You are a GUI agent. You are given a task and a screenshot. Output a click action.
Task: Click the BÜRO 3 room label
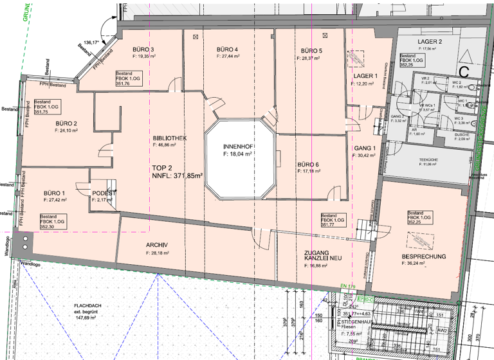click(x=143, y=50)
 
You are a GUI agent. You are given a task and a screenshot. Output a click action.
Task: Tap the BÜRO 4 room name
click(x=228, y=50)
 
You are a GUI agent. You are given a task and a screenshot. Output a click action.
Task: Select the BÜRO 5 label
click(x=311, y=51)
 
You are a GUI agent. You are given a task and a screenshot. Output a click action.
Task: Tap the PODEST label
click(x=104, y=194)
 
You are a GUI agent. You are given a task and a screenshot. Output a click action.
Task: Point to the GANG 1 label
click(x=365, y=148)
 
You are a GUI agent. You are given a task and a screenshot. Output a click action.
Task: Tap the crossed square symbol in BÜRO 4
click(x=195, y=37)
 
